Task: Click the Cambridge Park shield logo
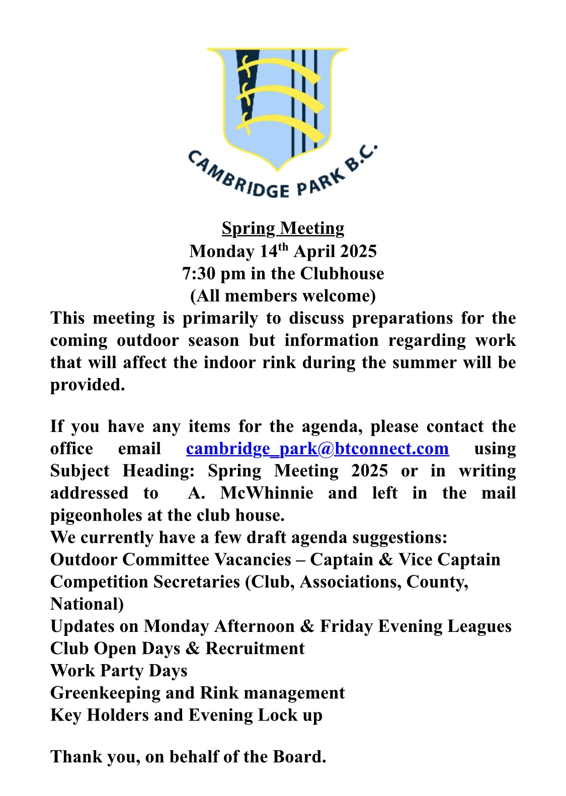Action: coord(277,106)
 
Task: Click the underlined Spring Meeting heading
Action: coord(283,229)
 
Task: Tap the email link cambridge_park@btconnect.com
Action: coord(317,449)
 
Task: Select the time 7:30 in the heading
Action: coord(197,273)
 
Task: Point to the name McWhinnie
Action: coord(267,493)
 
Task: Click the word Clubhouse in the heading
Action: coord(342,273)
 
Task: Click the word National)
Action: coord(87,604)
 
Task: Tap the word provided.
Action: coord(87,385)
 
